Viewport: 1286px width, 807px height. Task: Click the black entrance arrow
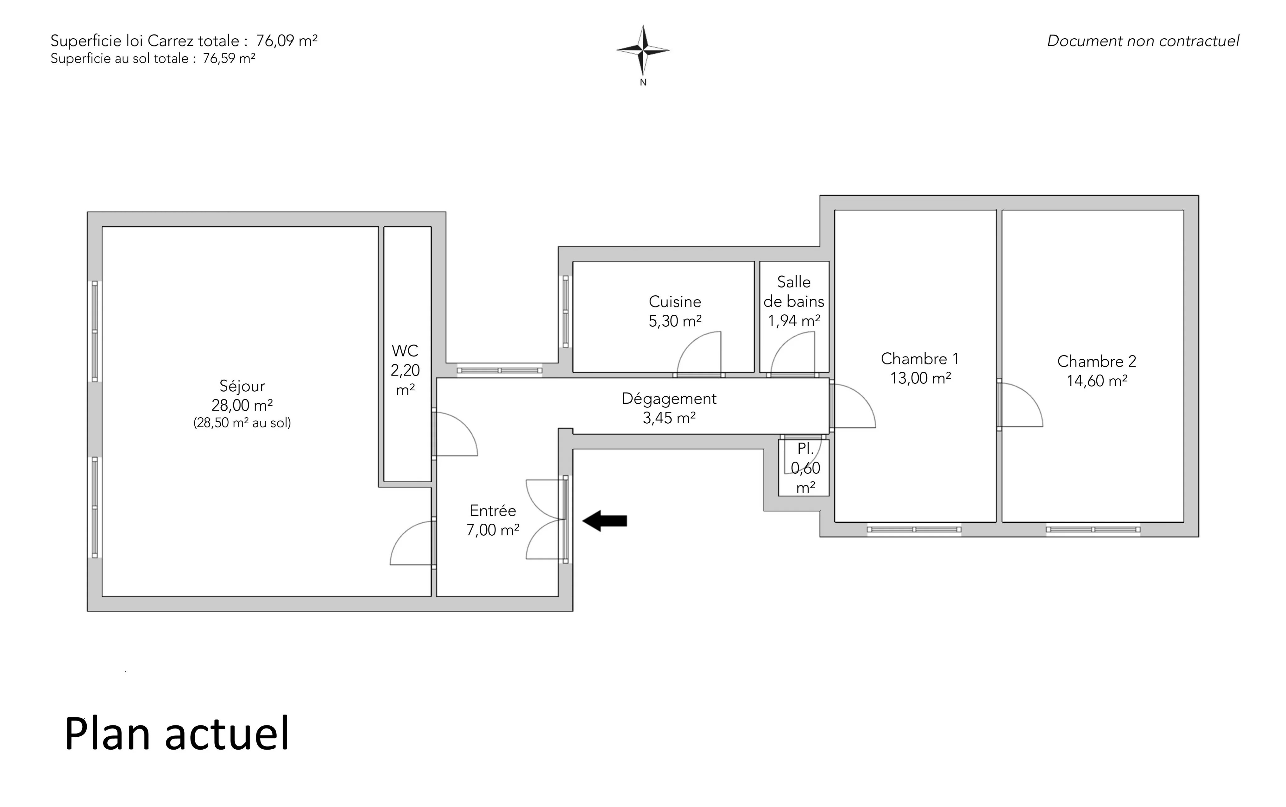(x=604, y=521)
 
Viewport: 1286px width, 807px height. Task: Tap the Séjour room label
(x=242, y=386)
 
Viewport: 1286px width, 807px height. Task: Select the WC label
(x=405, y=351)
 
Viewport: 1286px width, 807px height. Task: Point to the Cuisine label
(x=674, y=302)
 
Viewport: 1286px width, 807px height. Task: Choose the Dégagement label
(x=669, y=399)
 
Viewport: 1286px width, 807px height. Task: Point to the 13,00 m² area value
(x=920, y=378)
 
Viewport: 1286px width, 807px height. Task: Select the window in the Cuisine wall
(x=565, y=312)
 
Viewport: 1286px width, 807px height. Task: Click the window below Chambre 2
(x=1093, y=529)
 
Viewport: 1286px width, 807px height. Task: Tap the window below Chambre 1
(x=914, y=529)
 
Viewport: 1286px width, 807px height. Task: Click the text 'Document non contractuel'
(x=1143, y=41)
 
